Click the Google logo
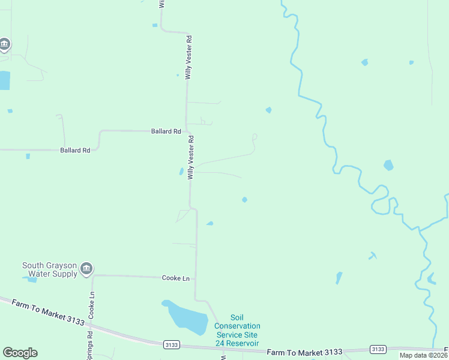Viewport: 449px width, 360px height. click(x=20, y=353)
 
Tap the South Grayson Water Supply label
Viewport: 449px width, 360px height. click(x=49, y=269)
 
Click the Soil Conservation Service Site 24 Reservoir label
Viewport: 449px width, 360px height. click(x=237, y=331)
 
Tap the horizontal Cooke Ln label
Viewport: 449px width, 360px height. click(x=176, y=278)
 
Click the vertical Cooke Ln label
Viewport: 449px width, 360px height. click(x=92, y=305)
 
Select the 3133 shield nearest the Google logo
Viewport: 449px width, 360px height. click(x=172, y=344)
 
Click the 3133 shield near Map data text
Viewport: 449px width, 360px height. click(x=378, y=349)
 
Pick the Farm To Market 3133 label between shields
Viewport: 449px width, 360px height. click(x=304, y=352)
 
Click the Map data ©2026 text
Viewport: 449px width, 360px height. click(x=423, y=355)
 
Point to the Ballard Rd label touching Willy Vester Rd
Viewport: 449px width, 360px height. click(x=166, y=131)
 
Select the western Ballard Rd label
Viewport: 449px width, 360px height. click(x=75, y=150)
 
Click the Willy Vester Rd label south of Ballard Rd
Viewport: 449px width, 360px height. click(x=191, y=157)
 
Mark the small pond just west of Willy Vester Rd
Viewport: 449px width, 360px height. click(x=181, y=172)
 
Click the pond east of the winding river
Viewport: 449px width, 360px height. click(x=388, y=165)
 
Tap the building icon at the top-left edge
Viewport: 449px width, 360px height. click(x=4, y=44)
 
